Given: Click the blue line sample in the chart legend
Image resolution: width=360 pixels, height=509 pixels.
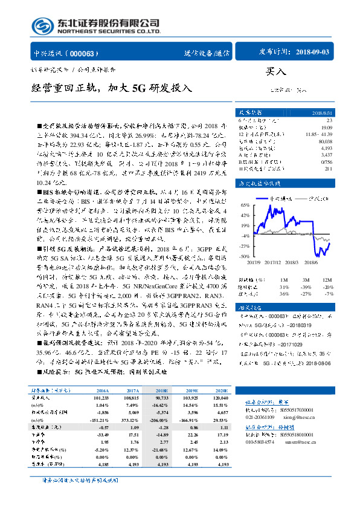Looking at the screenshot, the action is (x=262, y=198).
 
